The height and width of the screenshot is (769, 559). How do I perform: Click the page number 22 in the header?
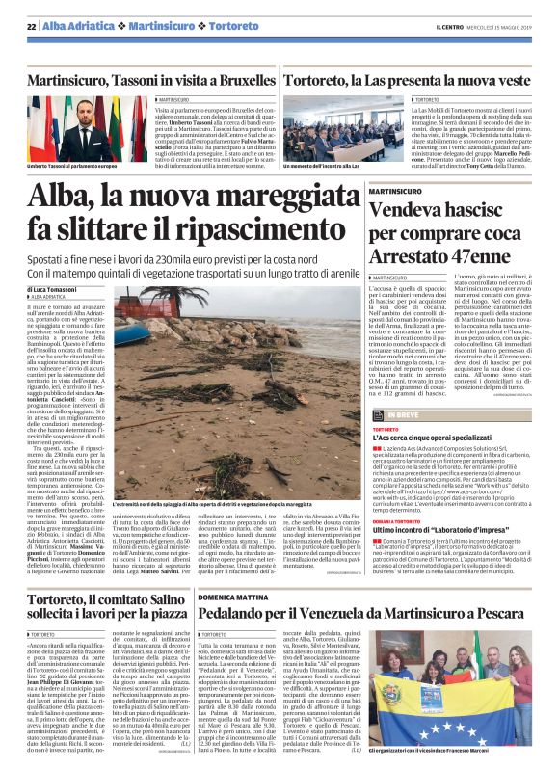click(x=32, y=26)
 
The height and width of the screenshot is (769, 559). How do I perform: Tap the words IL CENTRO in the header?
click(x=451, y=26)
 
